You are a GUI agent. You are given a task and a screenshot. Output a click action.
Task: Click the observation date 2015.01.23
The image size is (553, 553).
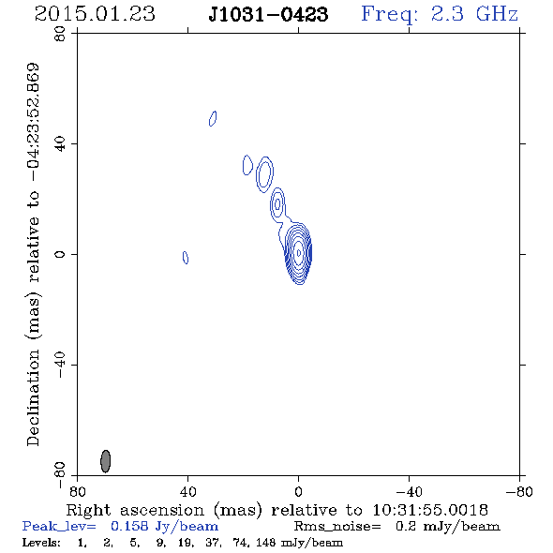[95, 14]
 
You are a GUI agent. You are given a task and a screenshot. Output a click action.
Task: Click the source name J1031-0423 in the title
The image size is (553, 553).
[268, 14]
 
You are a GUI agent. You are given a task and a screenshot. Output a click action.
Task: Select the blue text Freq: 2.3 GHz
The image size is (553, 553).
[440, 14]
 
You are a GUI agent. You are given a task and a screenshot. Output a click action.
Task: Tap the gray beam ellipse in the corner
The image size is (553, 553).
[106, 461]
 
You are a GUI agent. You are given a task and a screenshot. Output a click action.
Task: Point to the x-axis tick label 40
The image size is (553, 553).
[187, 492]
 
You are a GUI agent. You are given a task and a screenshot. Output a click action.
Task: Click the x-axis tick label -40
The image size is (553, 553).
[409, 492]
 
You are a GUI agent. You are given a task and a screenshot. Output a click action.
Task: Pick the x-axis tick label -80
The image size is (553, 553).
[519, 492]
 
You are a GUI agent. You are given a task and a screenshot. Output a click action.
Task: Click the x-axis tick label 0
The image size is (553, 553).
[298, 492]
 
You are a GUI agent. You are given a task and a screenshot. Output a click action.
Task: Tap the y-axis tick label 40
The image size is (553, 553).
[60, 144]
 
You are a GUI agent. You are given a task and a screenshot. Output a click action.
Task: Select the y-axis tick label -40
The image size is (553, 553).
[60, 365]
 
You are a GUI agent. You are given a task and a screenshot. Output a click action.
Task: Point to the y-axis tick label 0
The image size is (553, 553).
[60, 254]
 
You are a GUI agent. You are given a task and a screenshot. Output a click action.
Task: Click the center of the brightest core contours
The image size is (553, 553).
[299, 253]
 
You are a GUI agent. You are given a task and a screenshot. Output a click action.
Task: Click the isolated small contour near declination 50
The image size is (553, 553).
[213, 118]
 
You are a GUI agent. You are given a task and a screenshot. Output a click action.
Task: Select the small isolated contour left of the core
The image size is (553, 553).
[186, 258]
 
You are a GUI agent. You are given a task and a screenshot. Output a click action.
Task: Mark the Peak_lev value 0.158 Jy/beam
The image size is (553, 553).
[164, 527]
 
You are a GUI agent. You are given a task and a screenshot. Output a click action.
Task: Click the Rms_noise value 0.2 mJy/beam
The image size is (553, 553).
[447, 527]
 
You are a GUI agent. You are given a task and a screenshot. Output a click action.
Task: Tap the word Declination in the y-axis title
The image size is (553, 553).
[33, 397]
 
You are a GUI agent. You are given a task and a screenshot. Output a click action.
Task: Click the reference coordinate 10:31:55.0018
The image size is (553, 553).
[430, 510]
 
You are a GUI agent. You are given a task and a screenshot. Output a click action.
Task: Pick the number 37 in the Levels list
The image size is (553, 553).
[214, 542]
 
